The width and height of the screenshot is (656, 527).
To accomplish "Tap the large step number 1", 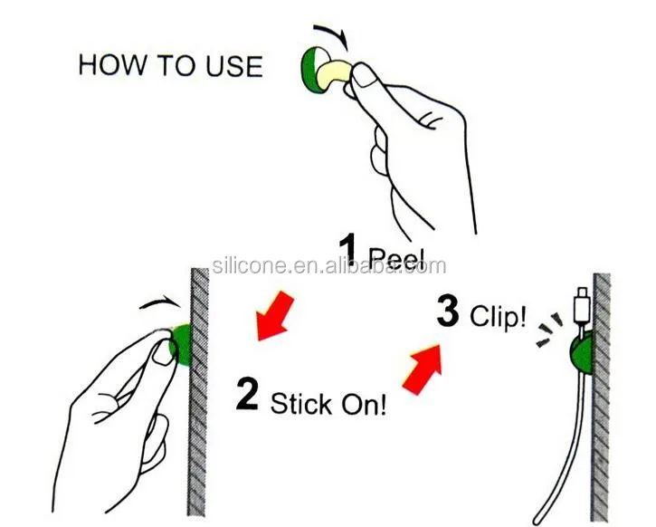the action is tap(347, 250).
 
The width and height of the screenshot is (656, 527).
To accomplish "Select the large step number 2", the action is tap(247, 394).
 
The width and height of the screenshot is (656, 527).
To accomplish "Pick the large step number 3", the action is tap(448, 311).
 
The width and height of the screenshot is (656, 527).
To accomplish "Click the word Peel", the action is tap(396, 258).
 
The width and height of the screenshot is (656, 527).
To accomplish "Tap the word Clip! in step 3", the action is tap(498, 316).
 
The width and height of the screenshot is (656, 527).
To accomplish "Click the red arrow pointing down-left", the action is tap(274, 316).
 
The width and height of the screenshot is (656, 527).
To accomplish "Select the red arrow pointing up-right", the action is tap(423, 369).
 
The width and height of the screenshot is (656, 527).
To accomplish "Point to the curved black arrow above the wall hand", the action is tap(161, 302).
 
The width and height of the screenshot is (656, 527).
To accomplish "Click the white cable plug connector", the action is tap(582, 305).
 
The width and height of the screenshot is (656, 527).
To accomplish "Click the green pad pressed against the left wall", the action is tap(181, 344).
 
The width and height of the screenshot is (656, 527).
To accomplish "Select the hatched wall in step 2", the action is tap(197, 392).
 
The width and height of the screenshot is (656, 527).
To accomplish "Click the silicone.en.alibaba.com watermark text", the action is tap(329, 266).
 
